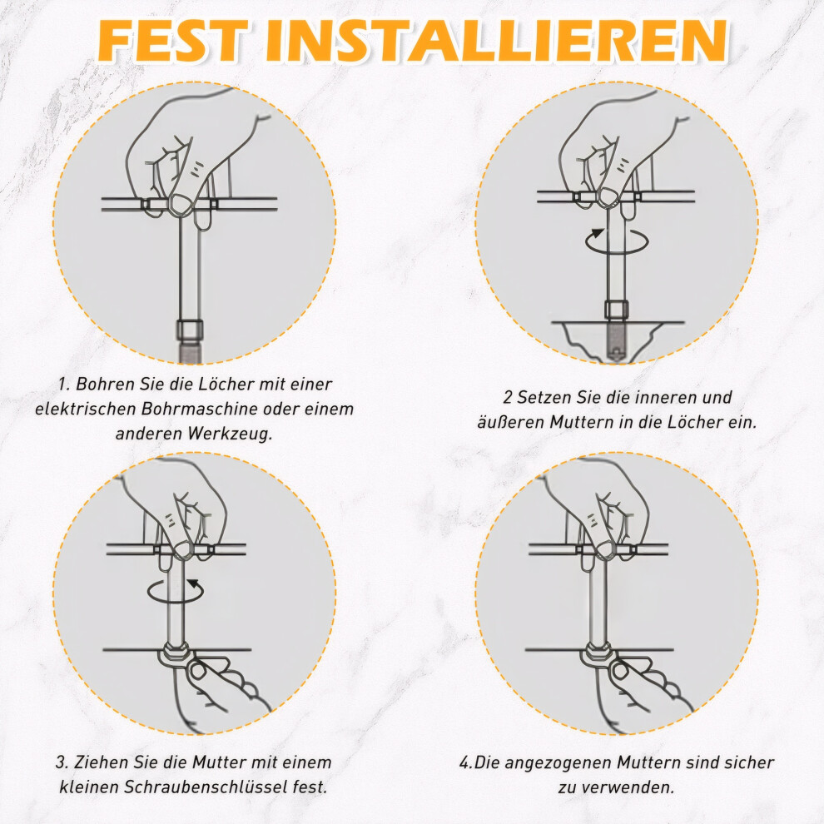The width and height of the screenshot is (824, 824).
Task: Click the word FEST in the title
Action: pyautogui.click(x=172, y=41)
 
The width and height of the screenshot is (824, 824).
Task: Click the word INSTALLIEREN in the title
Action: pyautogui.click(x=497, y=41)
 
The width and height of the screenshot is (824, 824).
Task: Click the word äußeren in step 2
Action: pyautogui.click(x=511, y=422)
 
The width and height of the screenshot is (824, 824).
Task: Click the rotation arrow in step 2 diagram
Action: pyautogui.click(x=617, y=242)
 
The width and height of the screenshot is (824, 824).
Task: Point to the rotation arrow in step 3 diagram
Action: pyautogui.click(x=176, y=591)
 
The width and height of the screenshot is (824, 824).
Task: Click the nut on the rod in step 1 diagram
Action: pyautogui.click(x=186, y=331)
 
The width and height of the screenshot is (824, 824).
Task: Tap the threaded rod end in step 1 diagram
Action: pyautogui.click(x=187, y=352)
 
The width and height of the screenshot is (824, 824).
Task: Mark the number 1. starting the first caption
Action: pyautogui.click(x=64, y=385)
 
